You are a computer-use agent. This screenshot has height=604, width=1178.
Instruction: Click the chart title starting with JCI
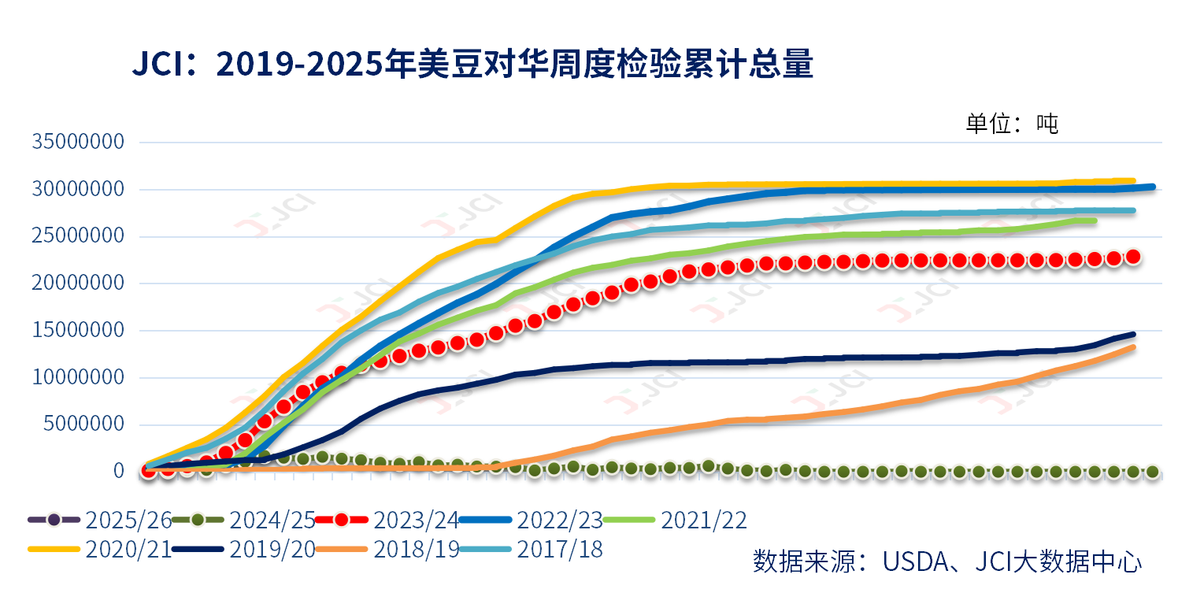point(472,65)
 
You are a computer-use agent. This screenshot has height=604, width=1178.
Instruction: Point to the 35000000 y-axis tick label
point(78,143)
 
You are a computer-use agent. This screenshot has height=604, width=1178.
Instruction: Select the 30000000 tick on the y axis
point(78,190)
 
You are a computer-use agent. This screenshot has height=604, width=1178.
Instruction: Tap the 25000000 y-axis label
point(78,236)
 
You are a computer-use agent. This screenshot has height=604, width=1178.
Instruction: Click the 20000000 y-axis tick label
point(78,283)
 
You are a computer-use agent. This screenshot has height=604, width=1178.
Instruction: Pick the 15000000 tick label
point(78,331)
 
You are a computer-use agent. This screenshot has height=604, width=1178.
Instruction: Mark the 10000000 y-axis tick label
point(78,378)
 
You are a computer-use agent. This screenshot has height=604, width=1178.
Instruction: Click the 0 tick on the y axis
point(119,471)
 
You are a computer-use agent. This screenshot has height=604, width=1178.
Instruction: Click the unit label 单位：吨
point(1012,124)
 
